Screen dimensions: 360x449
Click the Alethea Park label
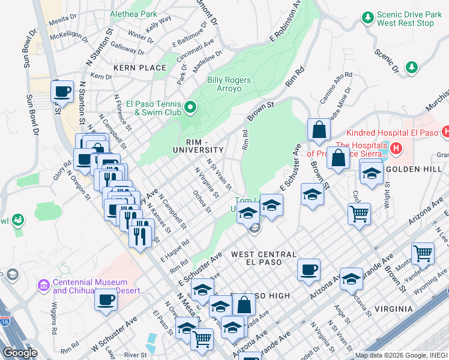pyautogui.click(x=133, y=13)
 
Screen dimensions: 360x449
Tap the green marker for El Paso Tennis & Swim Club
pyautogui.click(x=190, y=108)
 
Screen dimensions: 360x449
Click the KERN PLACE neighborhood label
pyautogui.click(x=140, y=68)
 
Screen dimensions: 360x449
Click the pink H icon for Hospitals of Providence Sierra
pyautogui.click(x=396, y=148)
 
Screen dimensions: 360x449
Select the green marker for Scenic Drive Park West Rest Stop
pyautogui.click(x=367, y=19)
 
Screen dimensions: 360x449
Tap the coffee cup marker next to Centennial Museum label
pyautogui.click(x=106, y=298)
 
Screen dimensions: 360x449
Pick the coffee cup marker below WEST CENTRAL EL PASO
pyautogui.click(x=309, y=269)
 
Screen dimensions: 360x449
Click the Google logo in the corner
pyautogui.click(x=20, y=353)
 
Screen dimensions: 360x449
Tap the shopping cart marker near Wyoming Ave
pyautogui.click(x=423, y=253)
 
